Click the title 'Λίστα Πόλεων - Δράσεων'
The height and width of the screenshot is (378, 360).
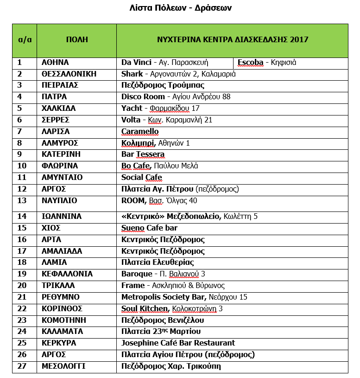pyautogui.click(x=180, y=8)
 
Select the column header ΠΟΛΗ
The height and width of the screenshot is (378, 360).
pyautogui.click(x=76, y=40)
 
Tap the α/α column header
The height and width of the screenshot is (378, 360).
pyautogui.click(x=25, y=40)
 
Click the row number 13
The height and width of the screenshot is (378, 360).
pyautogui.click(x=22, y=201)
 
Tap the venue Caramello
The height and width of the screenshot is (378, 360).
pyautogui.click(x=140, y=131)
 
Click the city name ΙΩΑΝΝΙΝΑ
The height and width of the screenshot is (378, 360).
pyautogui.click(x=62, y=216)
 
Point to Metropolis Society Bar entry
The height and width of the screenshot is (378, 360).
pyautogui.click(x=164, y=297)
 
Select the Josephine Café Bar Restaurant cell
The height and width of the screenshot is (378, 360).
pyautogui.click(x=178, y=343)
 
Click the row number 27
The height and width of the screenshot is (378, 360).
pyautogui.click(x=22, y=366)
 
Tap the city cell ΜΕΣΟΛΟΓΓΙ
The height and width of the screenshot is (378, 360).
pyautogui.click(x=63, y=366)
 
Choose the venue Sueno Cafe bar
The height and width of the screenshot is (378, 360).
pyautogui.click(x=149, y=228)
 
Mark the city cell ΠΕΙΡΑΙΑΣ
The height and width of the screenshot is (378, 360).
pyautogui.click(x=60, y=85)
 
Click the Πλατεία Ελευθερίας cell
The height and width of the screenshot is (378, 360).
pyautogui.click(x=158, y=263)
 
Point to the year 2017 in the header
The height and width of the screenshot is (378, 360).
pyautogui.click(x=299, y=40)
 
